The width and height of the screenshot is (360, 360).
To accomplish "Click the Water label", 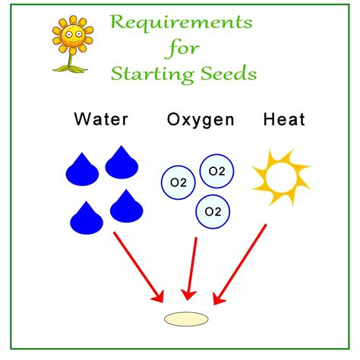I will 101,119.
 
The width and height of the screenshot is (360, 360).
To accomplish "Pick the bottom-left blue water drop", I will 86,218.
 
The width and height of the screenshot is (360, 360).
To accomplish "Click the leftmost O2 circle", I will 177,182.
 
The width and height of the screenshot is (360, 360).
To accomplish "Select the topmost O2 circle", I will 217,171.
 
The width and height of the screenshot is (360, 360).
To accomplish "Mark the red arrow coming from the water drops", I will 138,266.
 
